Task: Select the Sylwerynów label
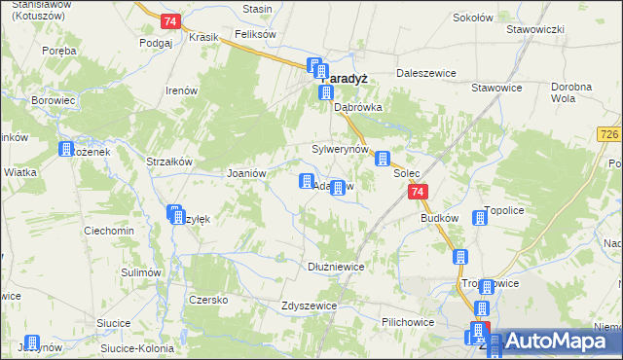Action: [340, 149]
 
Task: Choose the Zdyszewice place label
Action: [309, 305]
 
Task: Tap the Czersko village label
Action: [208, 300]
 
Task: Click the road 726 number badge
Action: [610, 133]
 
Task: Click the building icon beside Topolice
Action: [480, 219]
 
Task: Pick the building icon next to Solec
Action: [384, 159]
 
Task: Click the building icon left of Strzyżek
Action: [175, 213]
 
